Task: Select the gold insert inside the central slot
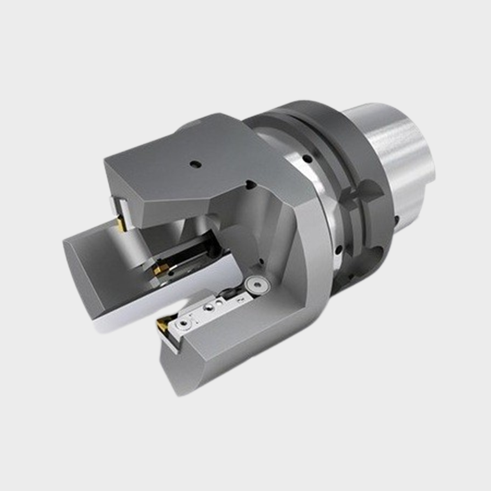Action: (x=157, y=270)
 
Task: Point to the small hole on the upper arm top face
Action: (x=195, y=164)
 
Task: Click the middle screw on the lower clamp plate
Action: (x=209, y=306)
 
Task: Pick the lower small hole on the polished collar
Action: (x=338, y=248)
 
